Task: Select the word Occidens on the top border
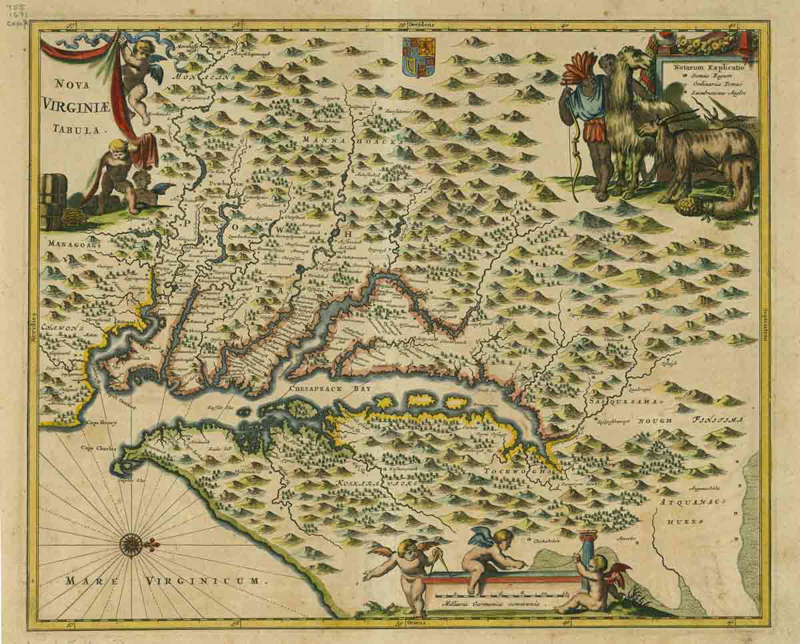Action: [421, 23]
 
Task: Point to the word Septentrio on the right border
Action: [764, 327]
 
